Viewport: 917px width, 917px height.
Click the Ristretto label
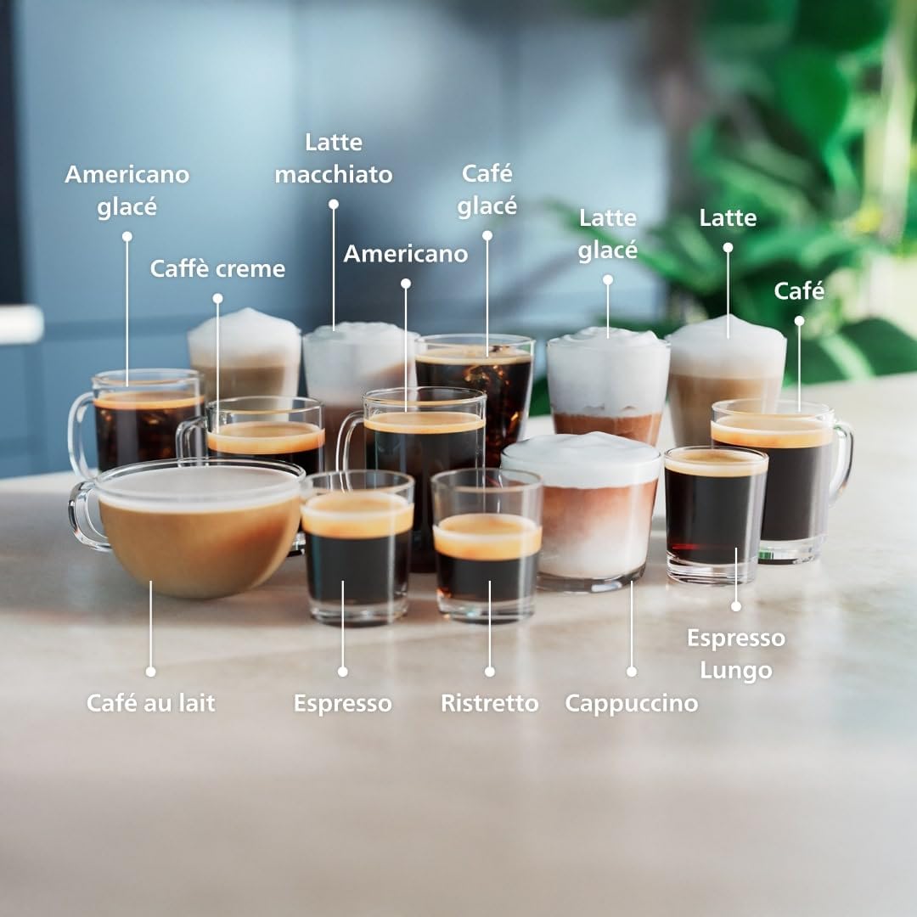(489, 703)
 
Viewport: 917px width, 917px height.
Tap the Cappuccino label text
(631, 703)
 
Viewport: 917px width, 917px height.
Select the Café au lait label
(150, 703)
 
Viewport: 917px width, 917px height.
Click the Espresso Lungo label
(735, 654)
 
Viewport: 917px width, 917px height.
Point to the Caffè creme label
(217, 269)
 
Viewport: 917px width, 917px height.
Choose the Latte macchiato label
(334, 158)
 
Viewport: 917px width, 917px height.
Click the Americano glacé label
(127, 190)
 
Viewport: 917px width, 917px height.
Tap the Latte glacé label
(608, 233)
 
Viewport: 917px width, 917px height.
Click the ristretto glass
(487, 560)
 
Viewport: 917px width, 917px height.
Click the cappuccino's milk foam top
(582, 458)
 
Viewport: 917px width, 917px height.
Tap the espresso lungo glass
(715, 518)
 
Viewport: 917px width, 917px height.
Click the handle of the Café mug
(843, 463)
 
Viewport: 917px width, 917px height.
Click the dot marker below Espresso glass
(342, 671)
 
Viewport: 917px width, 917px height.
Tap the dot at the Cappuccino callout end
(631, 671)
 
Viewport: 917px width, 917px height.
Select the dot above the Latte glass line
(728, 247)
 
